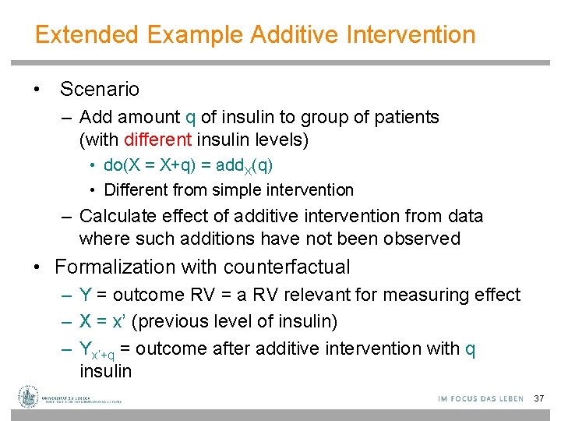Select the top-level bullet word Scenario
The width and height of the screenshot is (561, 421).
click(x=99, y=89)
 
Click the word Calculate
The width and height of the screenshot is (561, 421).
click(x=118, y=216)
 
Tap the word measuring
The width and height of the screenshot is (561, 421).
click(x=435, y=295)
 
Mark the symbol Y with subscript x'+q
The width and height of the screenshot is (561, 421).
click(x=93, y=350)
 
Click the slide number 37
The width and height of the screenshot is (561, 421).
click(x=538, y=398)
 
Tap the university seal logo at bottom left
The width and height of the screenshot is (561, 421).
click(x=29, y=397)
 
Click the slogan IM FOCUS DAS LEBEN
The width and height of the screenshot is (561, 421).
click(x=481, y=398)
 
